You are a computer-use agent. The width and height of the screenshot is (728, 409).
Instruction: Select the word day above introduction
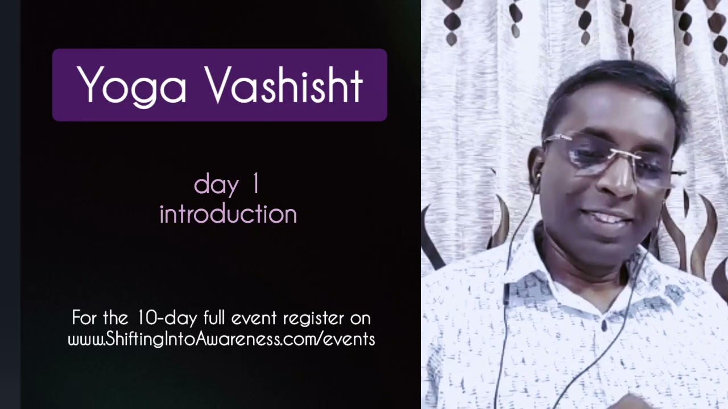216,186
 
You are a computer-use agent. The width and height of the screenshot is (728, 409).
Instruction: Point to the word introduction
228,215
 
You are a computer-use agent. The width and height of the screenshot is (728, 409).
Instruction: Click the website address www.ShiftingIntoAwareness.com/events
221,339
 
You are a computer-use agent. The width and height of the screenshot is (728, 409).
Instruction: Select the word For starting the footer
84,318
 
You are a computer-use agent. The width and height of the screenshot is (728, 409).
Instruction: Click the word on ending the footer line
360,318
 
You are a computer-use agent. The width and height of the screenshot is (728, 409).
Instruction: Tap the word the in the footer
117,318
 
